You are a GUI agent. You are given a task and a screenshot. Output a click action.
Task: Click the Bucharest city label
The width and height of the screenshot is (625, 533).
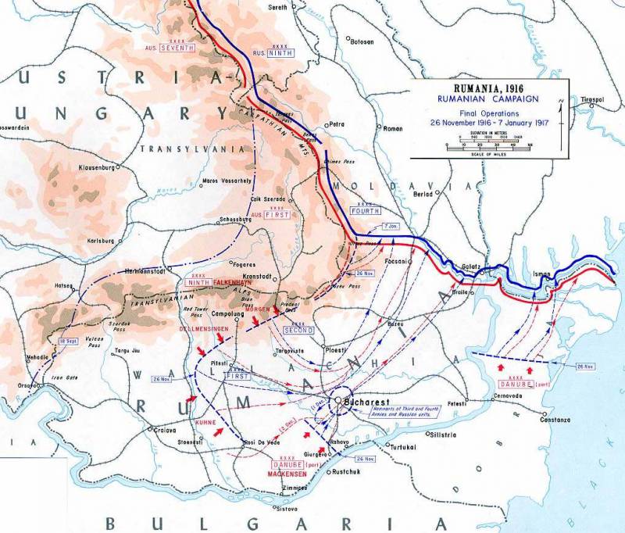coord(368,401)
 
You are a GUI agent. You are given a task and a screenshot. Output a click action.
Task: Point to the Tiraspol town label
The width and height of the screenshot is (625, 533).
coord(597,100)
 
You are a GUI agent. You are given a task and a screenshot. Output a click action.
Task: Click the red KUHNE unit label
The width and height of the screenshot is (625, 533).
coord(206,423)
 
